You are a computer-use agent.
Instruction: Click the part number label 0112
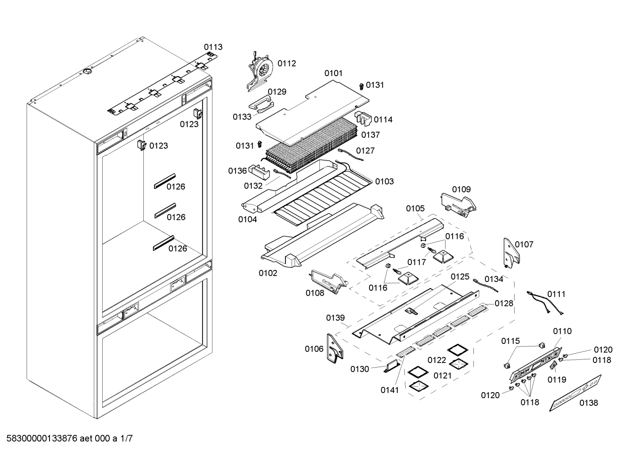(287, 63)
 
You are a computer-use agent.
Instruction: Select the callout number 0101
(333, 73)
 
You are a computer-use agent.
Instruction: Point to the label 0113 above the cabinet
(213, 47)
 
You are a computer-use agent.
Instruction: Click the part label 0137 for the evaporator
(370, 135)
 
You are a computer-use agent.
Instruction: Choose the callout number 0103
(384, 181)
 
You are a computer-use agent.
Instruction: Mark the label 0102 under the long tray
(268, 273)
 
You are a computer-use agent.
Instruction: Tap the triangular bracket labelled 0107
(511, 253)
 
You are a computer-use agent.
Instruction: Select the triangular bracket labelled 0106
(334, 349)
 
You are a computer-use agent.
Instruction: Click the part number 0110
(562, 331)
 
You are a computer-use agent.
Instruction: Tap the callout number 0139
(335, 318)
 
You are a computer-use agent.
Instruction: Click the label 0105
(415, 208)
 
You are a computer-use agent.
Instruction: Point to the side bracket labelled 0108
(328, 281)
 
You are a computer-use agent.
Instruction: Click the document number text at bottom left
(67, 439)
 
